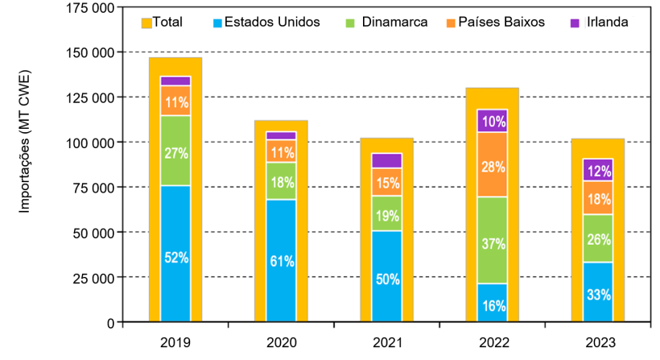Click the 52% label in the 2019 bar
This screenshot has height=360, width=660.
click(x=175, y=259)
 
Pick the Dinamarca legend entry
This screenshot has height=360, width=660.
click(x=386, y=23)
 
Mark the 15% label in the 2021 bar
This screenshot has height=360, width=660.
click(x=386, y=183)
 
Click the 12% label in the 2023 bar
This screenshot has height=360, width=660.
click(x=596, y=171)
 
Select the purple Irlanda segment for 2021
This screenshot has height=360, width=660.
click(x=386, y=160)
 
